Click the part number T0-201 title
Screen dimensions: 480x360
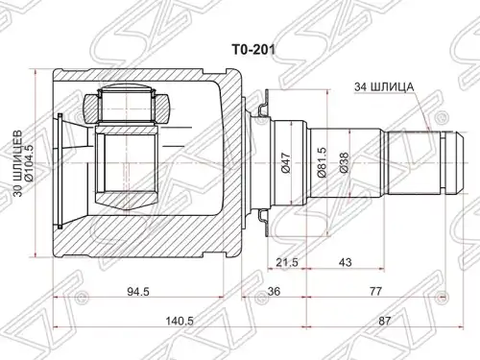(253, 50)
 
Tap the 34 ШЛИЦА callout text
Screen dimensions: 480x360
(384, 86)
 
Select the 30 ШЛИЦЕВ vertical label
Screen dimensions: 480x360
(18, 163)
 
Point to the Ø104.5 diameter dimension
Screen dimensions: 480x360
(29, 163)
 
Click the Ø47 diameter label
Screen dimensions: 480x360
(286, 163)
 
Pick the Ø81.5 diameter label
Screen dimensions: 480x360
(322, 162)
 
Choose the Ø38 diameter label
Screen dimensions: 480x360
(345, 163)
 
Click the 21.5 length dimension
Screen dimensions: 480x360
(287, 262)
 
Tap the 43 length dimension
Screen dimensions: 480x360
(345, 262)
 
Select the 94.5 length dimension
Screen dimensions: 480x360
(138, 292)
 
